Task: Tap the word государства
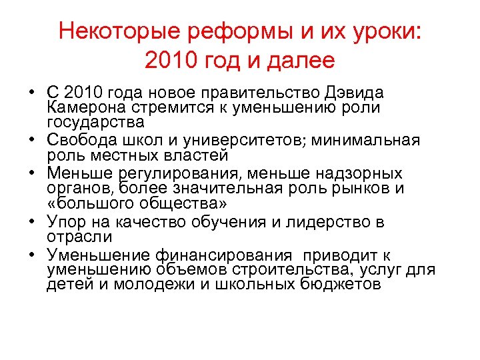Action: point(95,123)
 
